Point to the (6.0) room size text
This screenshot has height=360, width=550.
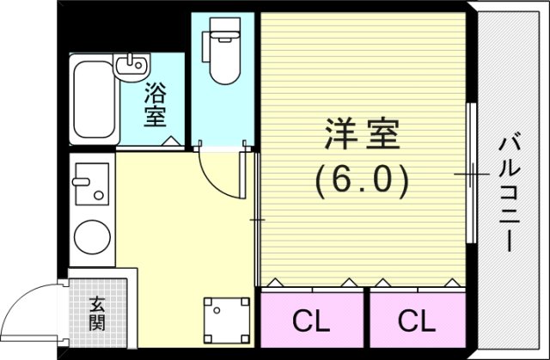pos(362,180)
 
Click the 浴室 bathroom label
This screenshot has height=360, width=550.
pos(156,102)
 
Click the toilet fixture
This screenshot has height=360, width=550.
pos(223,56)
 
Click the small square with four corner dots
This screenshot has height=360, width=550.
pos(221,315)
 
